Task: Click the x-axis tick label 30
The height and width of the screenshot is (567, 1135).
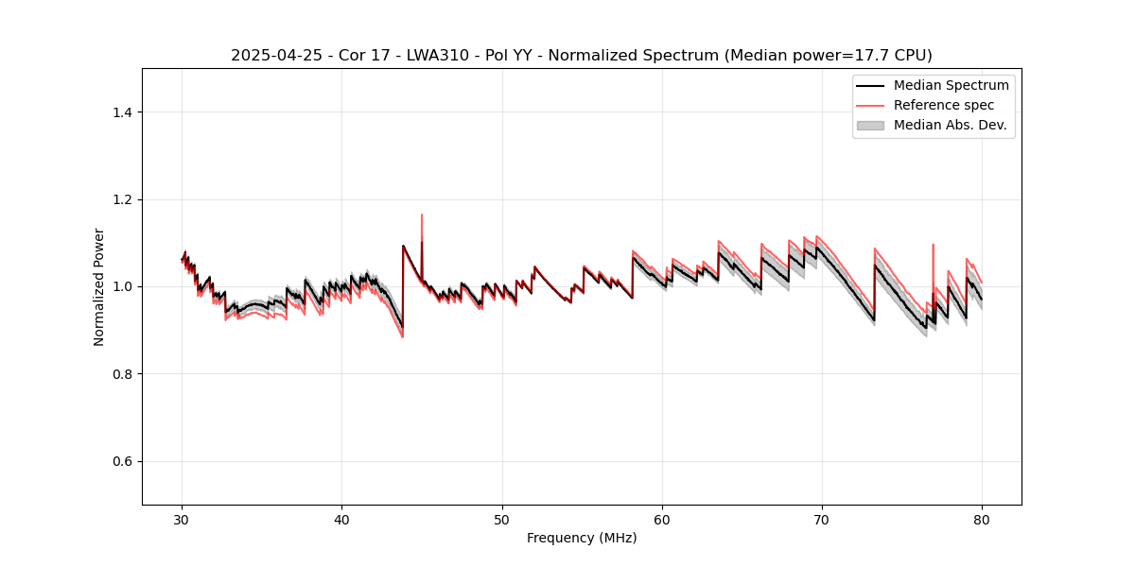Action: tap(183, 520)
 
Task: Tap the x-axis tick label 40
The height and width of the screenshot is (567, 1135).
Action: tap(342, 520)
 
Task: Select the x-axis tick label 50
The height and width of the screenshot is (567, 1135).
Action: tap(502, 520)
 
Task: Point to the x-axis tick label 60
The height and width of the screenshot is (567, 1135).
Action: tap(662, 520)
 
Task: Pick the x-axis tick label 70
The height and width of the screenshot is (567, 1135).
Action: tap(822, 520)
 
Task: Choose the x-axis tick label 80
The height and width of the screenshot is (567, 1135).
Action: tap(982, 520)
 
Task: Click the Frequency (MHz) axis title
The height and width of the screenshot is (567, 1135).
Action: tap(582, 538)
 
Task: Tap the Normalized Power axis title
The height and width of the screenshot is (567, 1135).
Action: tap(99, 286)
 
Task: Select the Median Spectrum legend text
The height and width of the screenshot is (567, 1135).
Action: tap(951, 85)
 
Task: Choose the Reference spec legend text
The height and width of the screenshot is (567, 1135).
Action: tap(944, 105)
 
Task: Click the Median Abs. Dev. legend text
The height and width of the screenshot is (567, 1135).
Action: tap(950, 125)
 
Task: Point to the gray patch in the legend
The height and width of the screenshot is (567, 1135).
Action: tap(870, 125)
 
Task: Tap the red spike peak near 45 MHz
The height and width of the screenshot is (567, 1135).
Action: tap(422, 215)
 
